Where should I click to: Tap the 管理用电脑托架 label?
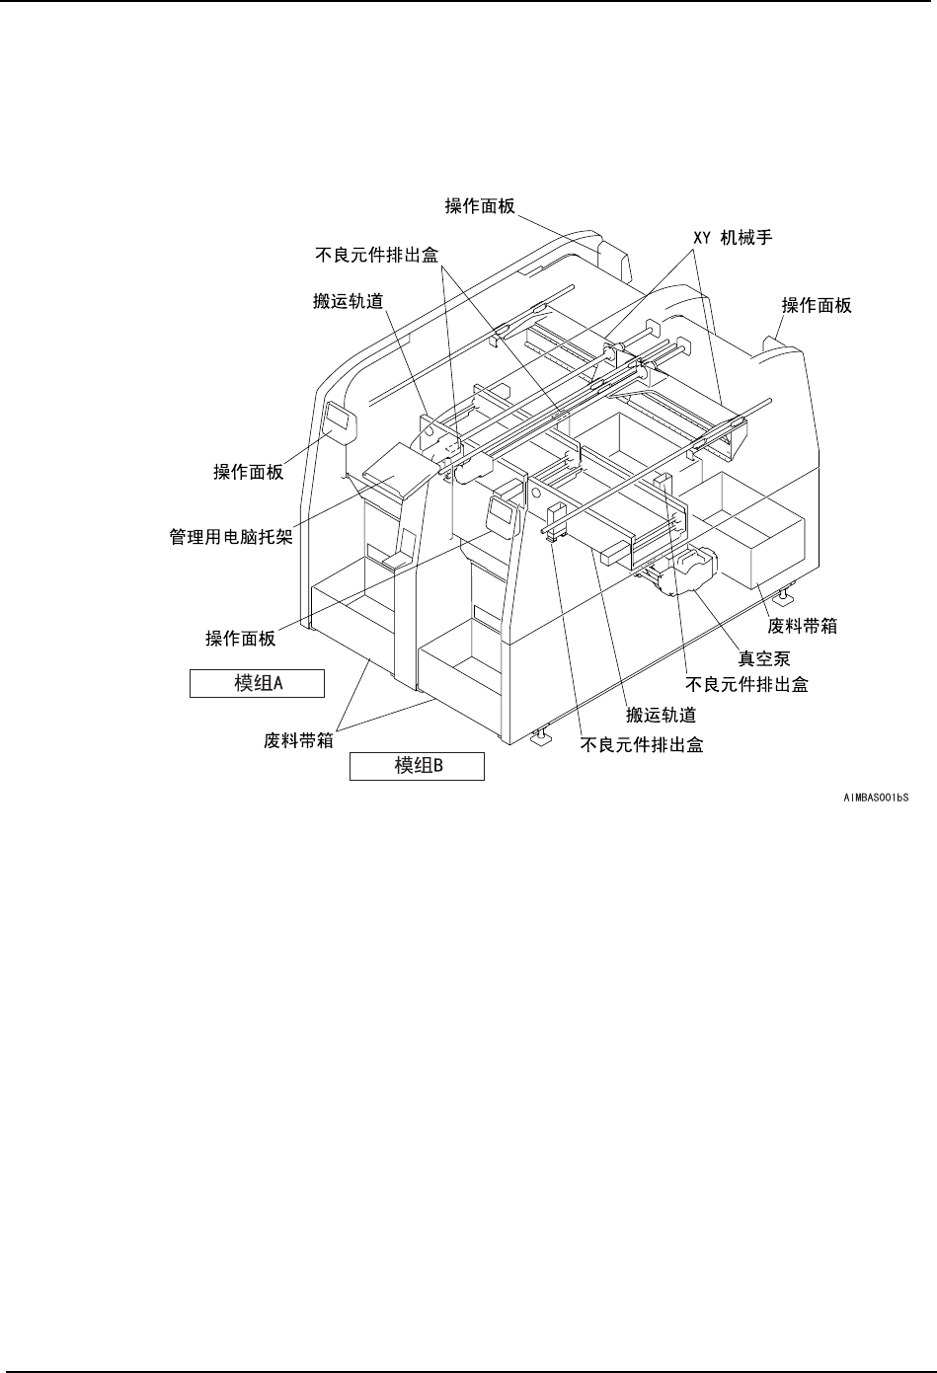click(x=233, y=539)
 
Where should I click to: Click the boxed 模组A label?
click(x=257, y=683)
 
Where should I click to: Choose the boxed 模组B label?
click(x=417, y=766)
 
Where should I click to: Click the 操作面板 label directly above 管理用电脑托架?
click(x=249, y=472)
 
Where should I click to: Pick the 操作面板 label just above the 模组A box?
click(x=240, y=638)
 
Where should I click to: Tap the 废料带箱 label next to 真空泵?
click(x=803, y=626)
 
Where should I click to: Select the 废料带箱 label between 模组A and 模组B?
click(x=297, y=739)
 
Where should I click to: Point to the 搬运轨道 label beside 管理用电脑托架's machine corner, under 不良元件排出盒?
click(x=348, y=302)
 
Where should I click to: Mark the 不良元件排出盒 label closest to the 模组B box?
click(x=642, y=745)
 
